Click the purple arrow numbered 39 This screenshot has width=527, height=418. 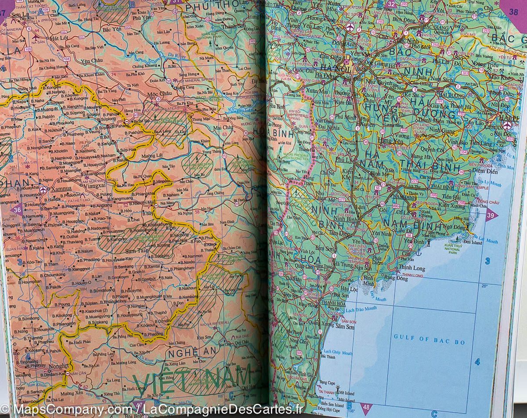(491, 215)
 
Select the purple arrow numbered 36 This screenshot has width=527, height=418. (17, 209)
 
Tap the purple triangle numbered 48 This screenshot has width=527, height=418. (365, 407)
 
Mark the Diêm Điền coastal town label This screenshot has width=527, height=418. (483, 171)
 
